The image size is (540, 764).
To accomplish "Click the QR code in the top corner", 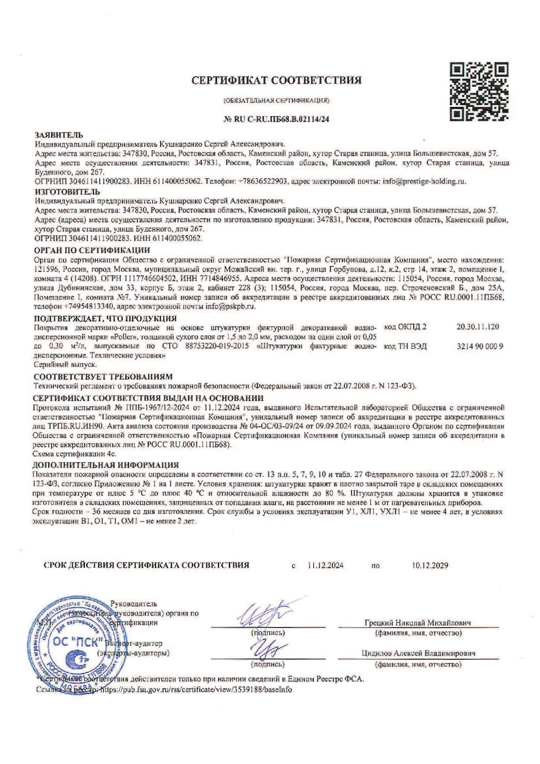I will tap(479, 92).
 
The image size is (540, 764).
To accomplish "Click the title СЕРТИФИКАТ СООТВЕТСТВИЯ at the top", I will tap(276, 81).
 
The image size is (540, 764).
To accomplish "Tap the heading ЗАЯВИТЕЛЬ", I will tap(59, 135).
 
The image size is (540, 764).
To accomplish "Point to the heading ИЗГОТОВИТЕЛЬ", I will tap(67, 192).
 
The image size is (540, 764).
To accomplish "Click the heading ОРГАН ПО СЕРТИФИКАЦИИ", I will tap(92, 251).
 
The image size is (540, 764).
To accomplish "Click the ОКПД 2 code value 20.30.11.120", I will tap(478, 327).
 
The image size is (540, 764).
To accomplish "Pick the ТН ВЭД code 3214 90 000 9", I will tap(480, 346).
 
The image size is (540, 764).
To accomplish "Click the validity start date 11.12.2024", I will tap(326, 566).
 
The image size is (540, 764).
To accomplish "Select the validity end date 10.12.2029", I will tap(430, 566).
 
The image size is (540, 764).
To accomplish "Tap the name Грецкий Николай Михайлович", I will tap(418, 623).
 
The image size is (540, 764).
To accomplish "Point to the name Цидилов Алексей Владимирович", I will tap(418, 654).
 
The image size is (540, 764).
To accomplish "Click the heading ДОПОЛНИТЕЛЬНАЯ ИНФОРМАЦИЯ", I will tap(106, 465).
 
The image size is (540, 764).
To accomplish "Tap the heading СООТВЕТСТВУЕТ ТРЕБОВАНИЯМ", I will tap(103, 377).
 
